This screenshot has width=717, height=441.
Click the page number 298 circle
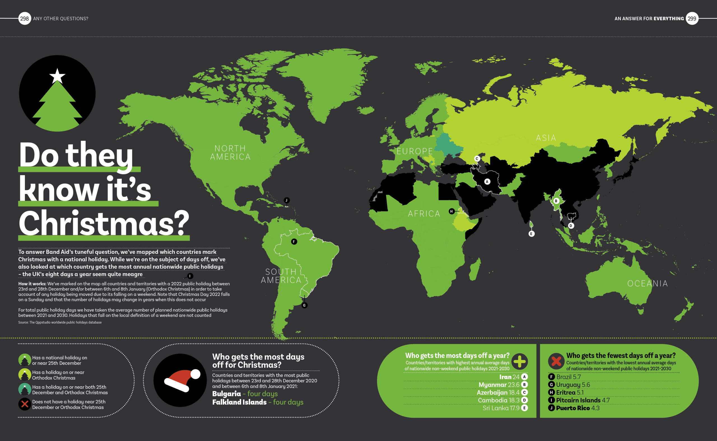25,19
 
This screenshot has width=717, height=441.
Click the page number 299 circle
692,19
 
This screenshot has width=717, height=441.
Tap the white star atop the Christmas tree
57,76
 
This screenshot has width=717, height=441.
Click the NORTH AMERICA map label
230,153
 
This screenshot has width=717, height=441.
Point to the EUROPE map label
415,151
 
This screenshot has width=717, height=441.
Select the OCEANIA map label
648,283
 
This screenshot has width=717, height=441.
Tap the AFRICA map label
424,214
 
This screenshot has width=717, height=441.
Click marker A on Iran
487,182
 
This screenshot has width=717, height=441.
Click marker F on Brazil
294,241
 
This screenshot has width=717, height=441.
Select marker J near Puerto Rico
287,200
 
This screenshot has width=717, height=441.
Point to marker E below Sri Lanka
531,234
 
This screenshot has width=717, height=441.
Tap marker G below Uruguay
304,305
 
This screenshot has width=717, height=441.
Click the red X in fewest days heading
556,361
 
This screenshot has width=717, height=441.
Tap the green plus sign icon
520,361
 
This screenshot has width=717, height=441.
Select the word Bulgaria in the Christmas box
226,393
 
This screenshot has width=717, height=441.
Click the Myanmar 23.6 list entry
499,385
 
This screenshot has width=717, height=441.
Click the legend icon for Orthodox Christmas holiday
25,375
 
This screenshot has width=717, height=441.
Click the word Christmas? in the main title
104,223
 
